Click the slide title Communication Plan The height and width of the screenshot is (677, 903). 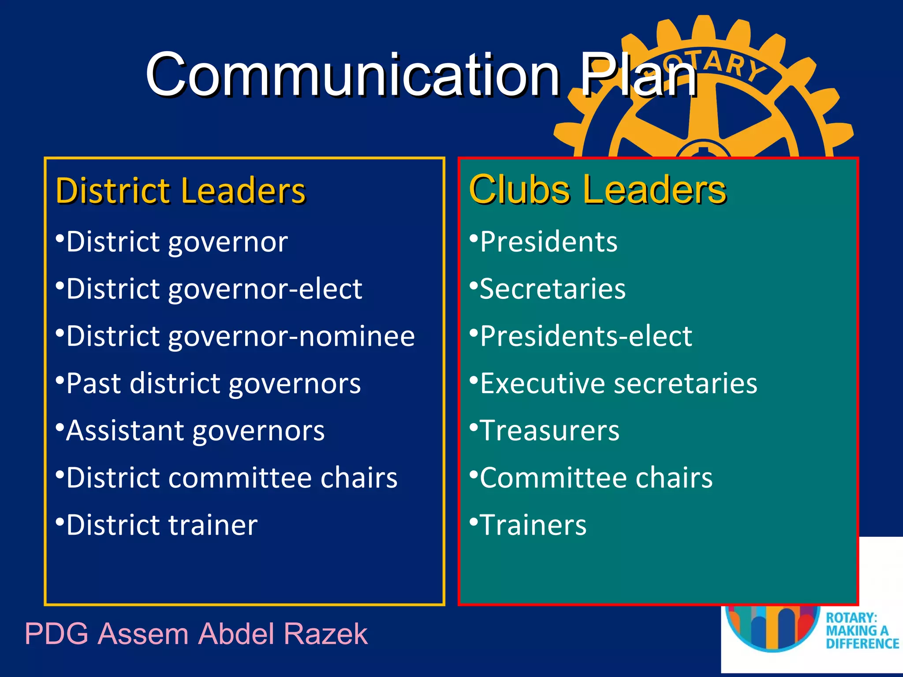pos(421,75)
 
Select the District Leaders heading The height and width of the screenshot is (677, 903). pos(181,190)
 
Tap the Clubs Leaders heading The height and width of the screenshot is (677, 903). pos(597,190)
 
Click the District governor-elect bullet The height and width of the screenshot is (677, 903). pos(214,289)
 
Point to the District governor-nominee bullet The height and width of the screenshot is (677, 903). pos(240,336)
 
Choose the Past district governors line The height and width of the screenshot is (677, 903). pos(213,383)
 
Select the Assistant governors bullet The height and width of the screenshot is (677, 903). pos(195,431)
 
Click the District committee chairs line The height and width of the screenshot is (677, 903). pos(231,478)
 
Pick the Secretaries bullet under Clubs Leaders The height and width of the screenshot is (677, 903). pos(552,289)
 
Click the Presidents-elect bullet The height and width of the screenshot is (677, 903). pos(586,336)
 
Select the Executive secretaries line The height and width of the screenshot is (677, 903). pos(618,383)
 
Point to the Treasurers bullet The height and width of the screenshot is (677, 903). pos(549,431)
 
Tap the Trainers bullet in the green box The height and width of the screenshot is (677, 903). pos(533,525)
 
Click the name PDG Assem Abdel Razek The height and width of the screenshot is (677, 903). pos(196,634)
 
